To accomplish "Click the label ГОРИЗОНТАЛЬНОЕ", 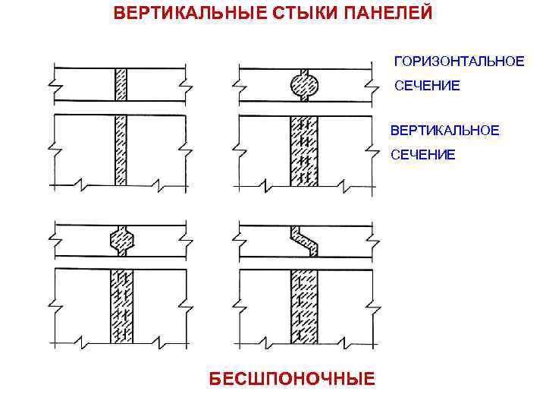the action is coord(458,61).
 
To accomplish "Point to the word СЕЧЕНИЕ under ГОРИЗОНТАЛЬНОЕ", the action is coord(426,86).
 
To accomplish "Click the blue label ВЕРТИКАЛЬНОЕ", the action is coord(444,131).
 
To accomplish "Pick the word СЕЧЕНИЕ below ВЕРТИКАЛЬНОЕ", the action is coord(423,155).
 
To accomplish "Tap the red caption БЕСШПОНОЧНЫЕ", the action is coord(292,378).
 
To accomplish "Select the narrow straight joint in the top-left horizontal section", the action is coord(120,84).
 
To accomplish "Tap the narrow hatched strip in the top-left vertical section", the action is coord(120,150).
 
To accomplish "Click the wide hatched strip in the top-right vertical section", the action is coord(303,150).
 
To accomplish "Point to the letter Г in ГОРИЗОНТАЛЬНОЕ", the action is coord(396,61).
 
